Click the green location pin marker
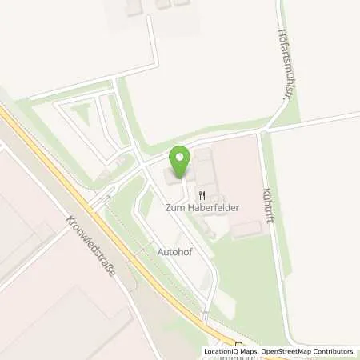tap(181, 162)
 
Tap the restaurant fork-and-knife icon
tap(203, 194)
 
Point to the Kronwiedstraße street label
tap(90, 245)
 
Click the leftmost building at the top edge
tap(133, 6)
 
